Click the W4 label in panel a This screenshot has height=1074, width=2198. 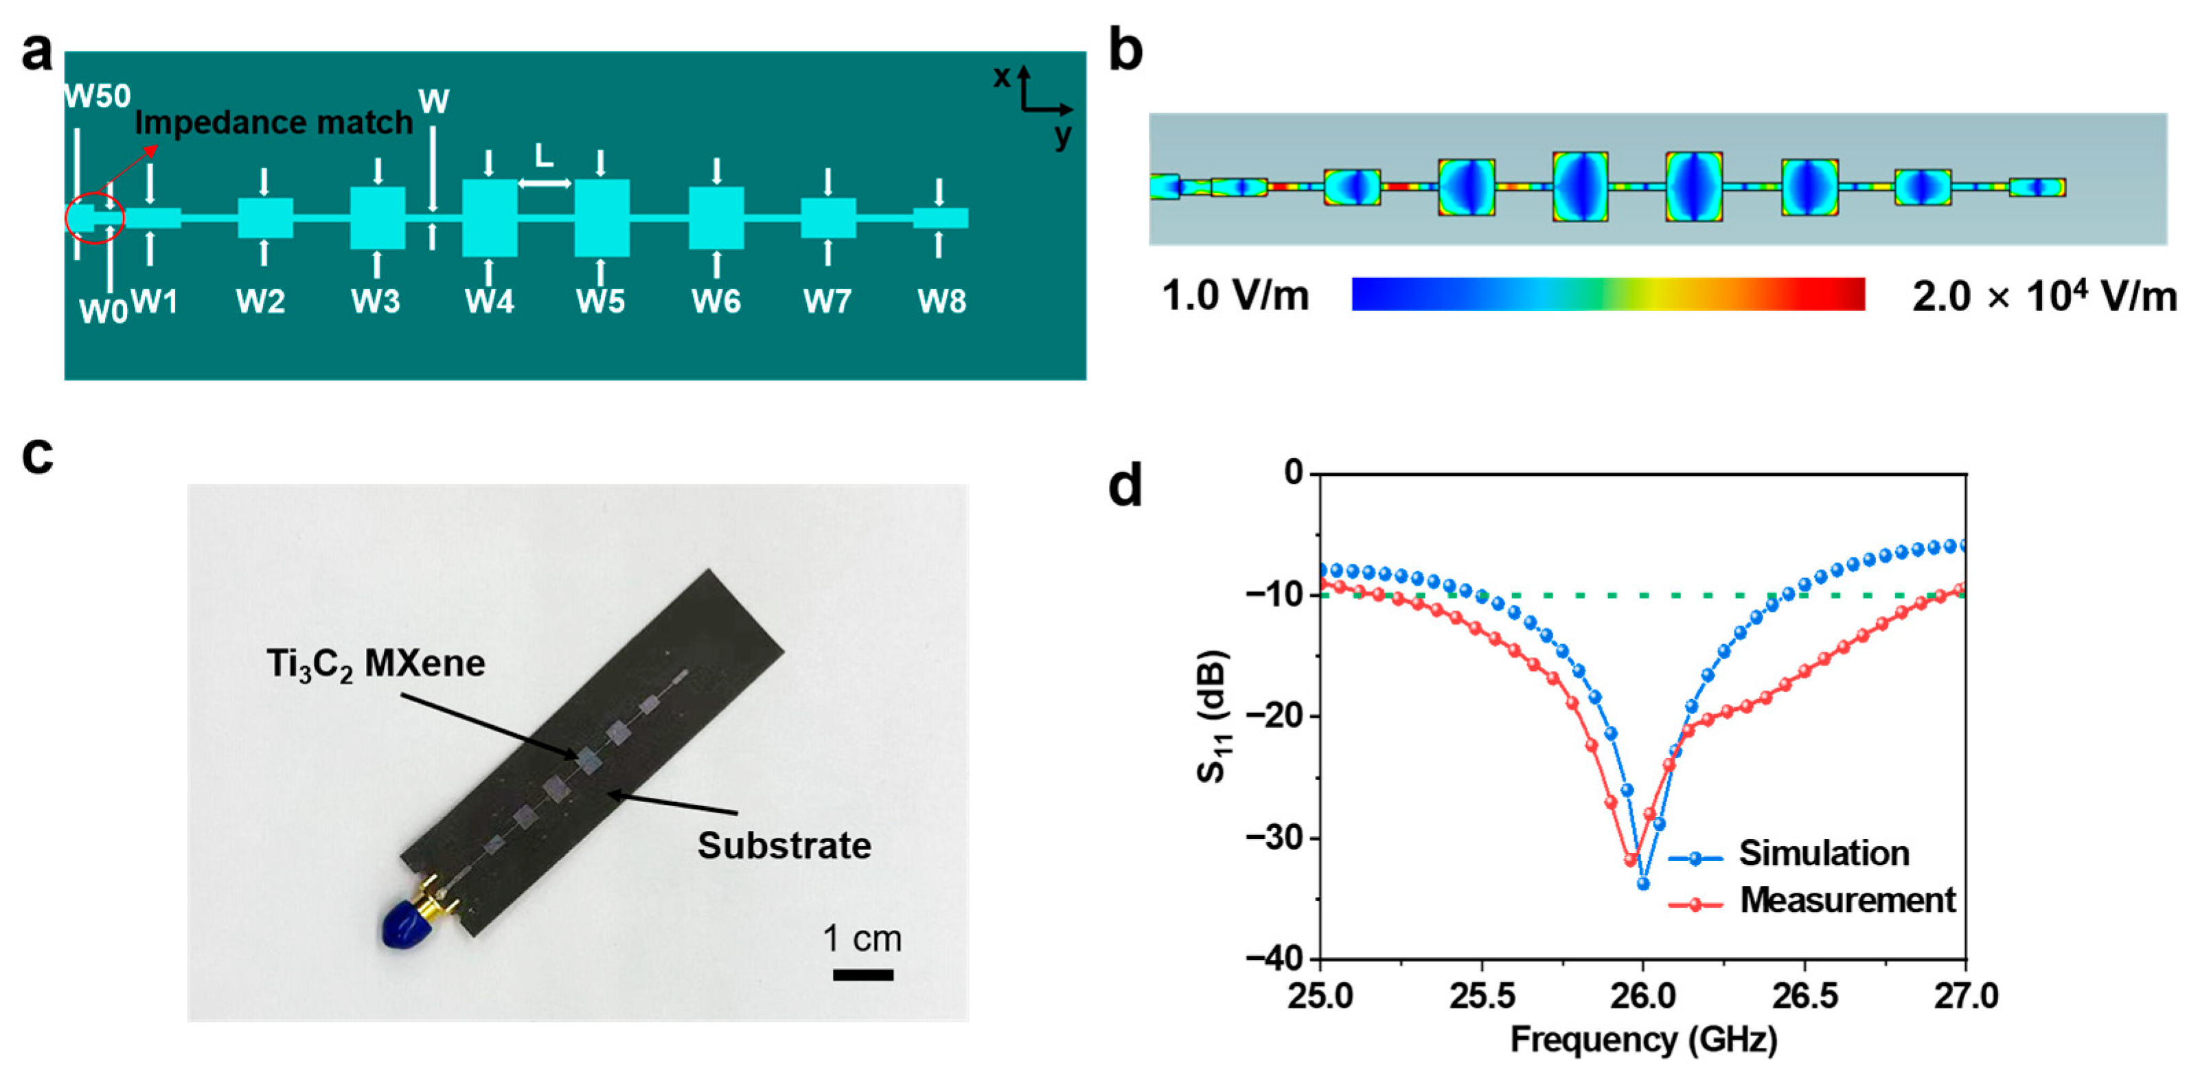[489, 301]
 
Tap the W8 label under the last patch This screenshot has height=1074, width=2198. [941, 301]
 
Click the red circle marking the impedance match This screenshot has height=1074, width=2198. [95, 218]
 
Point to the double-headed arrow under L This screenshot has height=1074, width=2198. [545, 183]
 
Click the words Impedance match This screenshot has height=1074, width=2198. [274, 123]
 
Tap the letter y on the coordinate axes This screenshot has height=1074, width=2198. [1062, 137]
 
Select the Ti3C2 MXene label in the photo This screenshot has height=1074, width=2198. [376, 663]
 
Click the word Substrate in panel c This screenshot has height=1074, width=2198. [784, 845]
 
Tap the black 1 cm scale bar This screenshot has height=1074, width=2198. [862, 974]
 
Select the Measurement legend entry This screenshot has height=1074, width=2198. [1846, 900]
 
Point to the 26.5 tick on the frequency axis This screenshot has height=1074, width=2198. [1804, 996]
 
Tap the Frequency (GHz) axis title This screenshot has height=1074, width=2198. [1643, 1040]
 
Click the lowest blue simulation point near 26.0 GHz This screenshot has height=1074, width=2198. [1643, 884]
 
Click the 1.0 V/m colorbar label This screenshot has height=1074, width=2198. [1235, 296]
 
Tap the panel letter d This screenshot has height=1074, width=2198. [1125, 486]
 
